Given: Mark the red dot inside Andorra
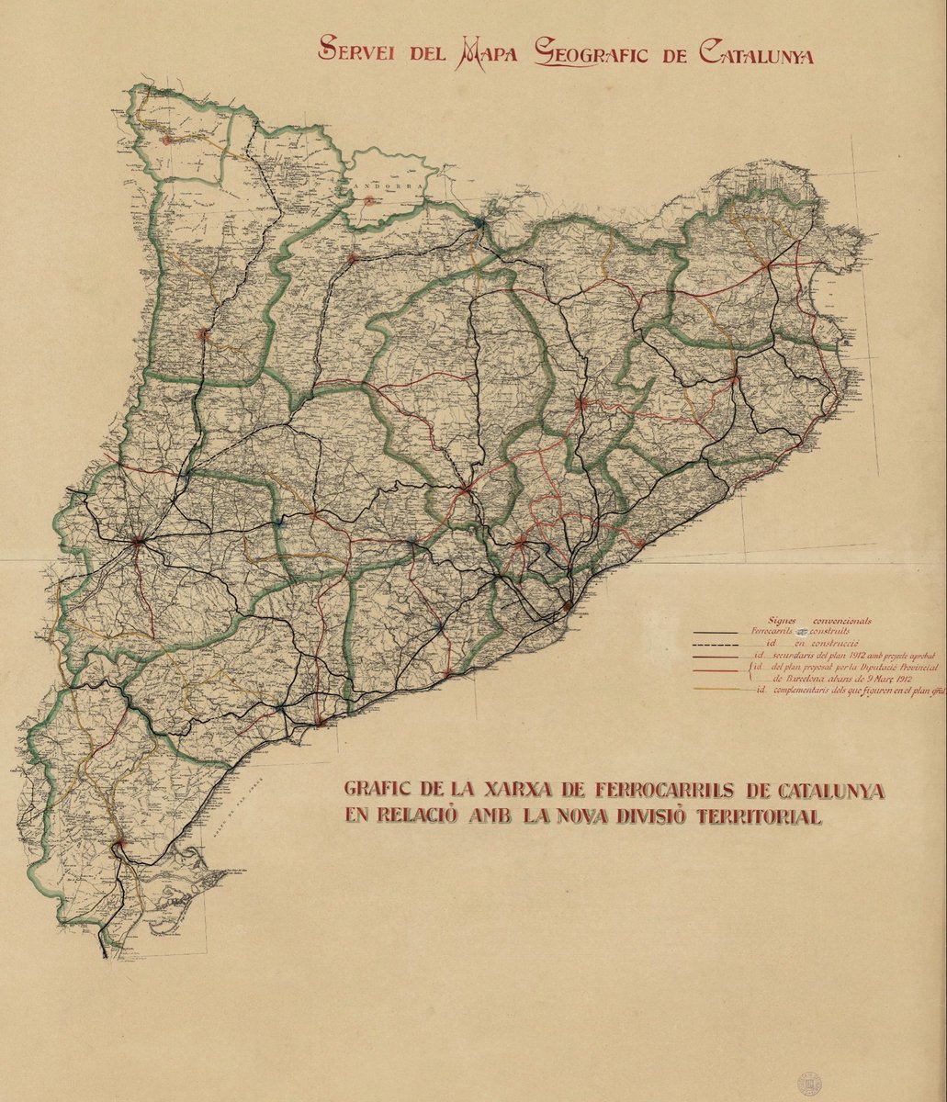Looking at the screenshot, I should [368, 199].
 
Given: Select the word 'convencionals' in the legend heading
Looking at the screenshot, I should [840, 621].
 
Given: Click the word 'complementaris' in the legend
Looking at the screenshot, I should [809, 690].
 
